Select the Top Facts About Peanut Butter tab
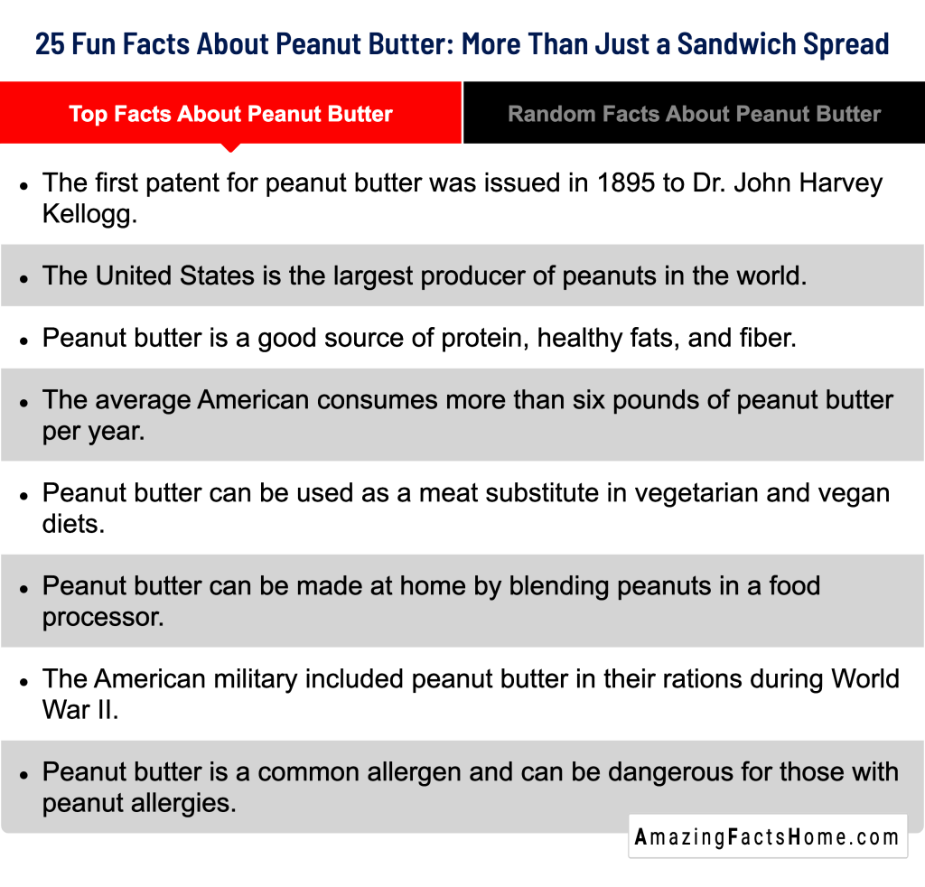pos(230,114)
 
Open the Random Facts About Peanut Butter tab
pos(694,114)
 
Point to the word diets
pos(73,523)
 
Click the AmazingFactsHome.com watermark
pos(768,836)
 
